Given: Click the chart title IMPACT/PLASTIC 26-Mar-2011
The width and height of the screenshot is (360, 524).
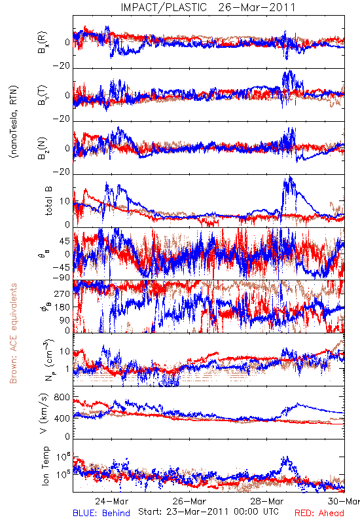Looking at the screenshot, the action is [x=208, y=7].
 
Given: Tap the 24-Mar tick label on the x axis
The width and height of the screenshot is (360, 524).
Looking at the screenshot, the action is [x=111, y=501].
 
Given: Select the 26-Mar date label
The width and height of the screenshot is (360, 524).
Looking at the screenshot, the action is [x=189, y=501].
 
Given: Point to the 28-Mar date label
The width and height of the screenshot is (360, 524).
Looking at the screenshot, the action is [x=267, y=501].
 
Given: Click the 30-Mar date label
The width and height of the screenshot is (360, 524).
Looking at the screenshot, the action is [x=344, y=501].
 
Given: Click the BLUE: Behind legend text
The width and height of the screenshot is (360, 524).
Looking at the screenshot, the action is [x=101, y=513].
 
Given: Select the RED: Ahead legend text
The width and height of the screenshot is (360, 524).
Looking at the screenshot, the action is [x=319, y=513].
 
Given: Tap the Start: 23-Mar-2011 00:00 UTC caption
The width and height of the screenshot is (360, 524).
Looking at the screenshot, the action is [x=208, y=512].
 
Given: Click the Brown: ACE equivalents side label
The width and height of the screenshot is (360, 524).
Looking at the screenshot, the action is [x=13, y=333].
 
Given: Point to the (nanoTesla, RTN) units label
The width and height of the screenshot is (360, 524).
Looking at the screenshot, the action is [x=14, y=121].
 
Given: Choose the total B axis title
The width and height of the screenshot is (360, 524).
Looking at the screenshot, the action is [x=48, y=201].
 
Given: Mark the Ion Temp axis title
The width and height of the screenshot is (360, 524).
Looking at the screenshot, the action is [x=45, y=466].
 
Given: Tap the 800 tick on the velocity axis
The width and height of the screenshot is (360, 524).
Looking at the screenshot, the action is [x=62, y=397].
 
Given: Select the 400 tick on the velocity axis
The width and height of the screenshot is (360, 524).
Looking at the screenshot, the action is [x=62, y=418].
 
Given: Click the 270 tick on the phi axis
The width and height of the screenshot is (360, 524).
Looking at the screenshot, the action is [x=62, y=293].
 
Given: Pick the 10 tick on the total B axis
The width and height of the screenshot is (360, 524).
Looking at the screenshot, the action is [x=65, y=201].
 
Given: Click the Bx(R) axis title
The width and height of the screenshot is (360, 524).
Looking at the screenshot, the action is [x=43, y=43].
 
